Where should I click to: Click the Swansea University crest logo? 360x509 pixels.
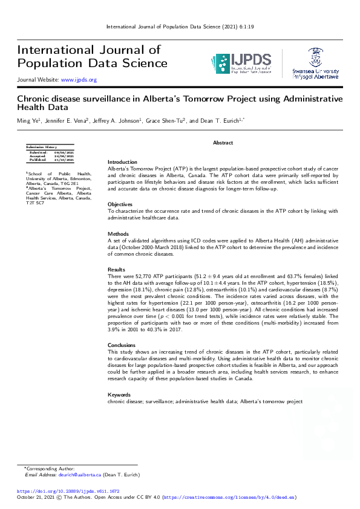pos(315,57)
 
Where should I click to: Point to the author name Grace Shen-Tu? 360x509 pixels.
pos(167,121)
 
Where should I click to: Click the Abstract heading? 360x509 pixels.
pos(223,142)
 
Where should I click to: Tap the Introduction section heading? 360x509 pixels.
pos(122,162)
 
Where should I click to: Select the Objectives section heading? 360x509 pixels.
pos(120,204)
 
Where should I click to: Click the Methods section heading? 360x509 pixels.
pos(118,233)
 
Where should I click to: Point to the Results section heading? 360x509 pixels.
pos(117,269)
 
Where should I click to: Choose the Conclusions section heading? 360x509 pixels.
pos(122,345)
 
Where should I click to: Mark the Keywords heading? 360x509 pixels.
pos(119,395)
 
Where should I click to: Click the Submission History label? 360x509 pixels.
pos(41,147)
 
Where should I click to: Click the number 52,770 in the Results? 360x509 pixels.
pos(141,276)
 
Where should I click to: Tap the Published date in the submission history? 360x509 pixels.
pos(64,159)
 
